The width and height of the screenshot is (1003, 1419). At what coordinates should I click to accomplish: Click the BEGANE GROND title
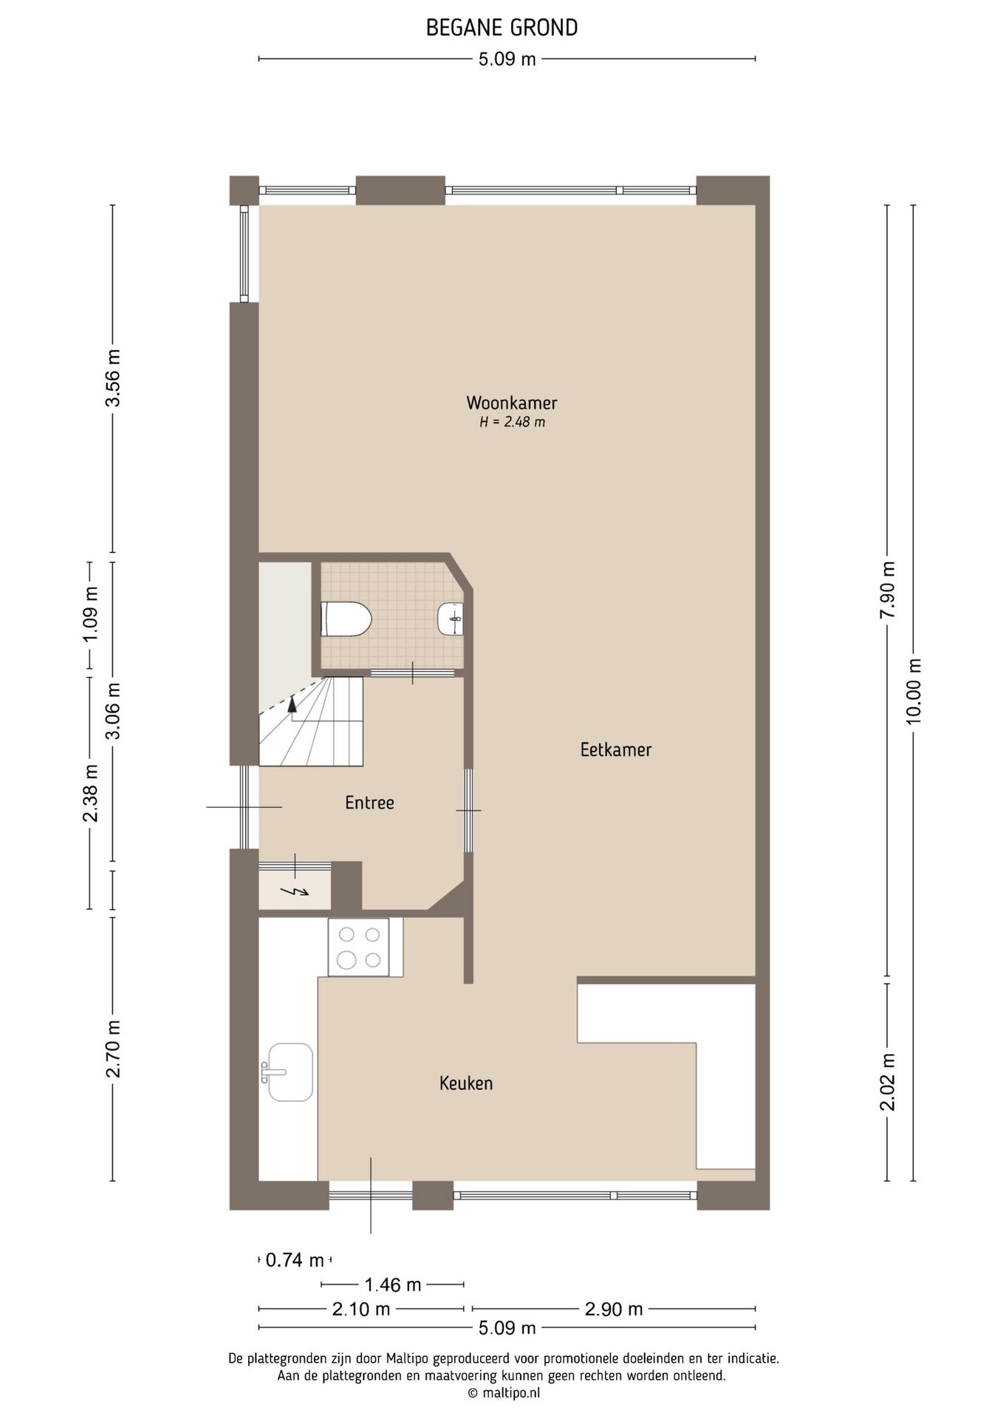pyautogui.click(x=501, y=28)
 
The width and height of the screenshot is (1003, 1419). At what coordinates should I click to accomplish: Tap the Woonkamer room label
pyautogui.click(x=511, y=404)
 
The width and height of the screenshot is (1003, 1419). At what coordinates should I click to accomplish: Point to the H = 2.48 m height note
pyautogui.click(x=512, y=423)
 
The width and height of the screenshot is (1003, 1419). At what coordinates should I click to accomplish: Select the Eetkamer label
pyautogui.click(x=615, y=750)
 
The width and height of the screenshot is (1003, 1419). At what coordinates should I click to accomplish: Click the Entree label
pyautogui.click(x=369, y=803)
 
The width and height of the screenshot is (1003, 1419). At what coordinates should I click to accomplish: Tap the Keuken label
pyautogui.click(x=465, y=1083)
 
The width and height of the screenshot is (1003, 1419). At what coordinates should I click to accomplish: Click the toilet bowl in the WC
pyautogui.click(x=346, y=619)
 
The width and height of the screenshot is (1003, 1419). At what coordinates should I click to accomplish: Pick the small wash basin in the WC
pyautogui.click(x=451, y=619)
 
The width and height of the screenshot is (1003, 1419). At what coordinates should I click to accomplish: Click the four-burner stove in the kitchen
pyautogui.click(x=358, y=947)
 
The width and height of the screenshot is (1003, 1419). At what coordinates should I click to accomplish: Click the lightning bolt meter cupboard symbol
pyautogui.click(x=296, y=892)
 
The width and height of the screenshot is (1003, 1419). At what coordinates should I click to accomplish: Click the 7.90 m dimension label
pyautogui.click(x=888, y=591)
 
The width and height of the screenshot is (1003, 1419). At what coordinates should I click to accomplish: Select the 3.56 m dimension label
pyautogui.click(x=112, y=378)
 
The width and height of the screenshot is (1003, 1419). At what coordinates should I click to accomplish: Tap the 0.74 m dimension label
pyautogui.click(x=295, y=1260)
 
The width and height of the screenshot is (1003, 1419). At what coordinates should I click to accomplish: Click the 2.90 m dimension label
pyautogui.click(x=613, y=1310)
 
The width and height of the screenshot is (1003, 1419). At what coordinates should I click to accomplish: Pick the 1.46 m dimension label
pyautogui.click(x=393, y=1285)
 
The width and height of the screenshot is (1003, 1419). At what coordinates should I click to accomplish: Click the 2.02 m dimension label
pyautogui.click(x=888, y=1082)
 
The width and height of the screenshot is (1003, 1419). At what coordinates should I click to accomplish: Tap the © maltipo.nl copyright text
pyautogui.click(x=503, y=1393)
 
